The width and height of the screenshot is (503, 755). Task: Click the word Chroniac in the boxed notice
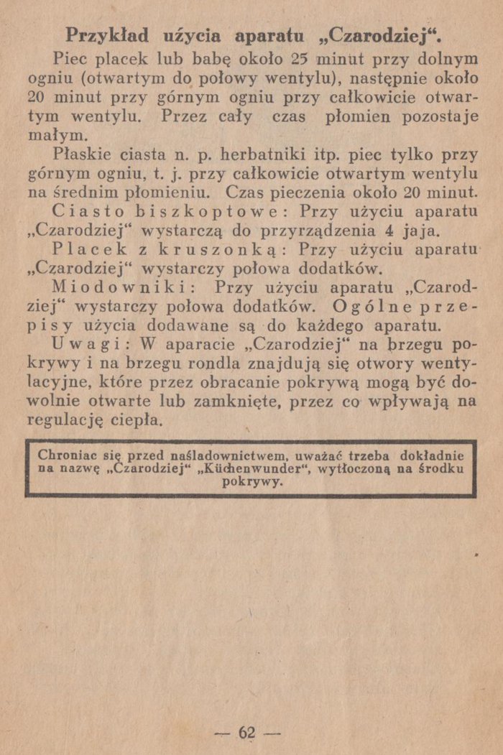pyautogui.click(x=68, y=455)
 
